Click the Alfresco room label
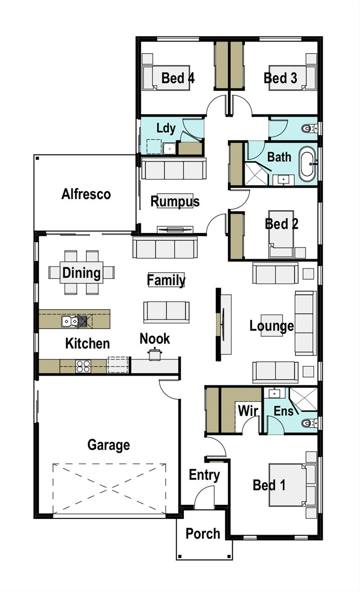pos(86,194)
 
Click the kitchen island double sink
pos(70,321)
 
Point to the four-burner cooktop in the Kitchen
pos(83,366)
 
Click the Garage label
pos(109,445)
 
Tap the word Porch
pos(203,533)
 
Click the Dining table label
pos(82,273)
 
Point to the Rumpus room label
pos(175,201)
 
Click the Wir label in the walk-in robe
pos(248,411)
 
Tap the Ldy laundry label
pos(166,128)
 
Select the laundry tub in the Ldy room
pos(169,148)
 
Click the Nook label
pos(155,338)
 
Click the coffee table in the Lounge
pos(272,325)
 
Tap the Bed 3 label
pos(280,78)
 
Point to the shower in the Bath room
pos(256,173)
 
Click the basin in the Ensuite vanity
pos(274,393)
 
